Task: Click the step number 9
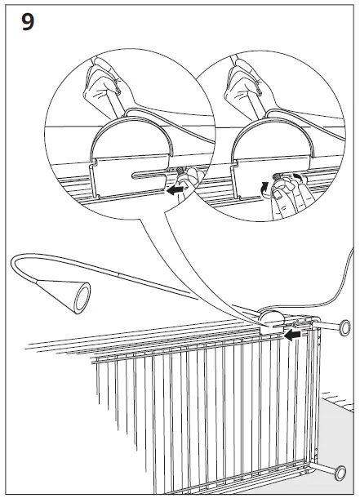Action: tap(27, 22)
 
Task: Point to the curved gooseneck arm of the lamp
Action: tap(33, 266)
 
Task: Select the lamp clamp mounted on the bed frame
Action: tap(269, 321)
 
